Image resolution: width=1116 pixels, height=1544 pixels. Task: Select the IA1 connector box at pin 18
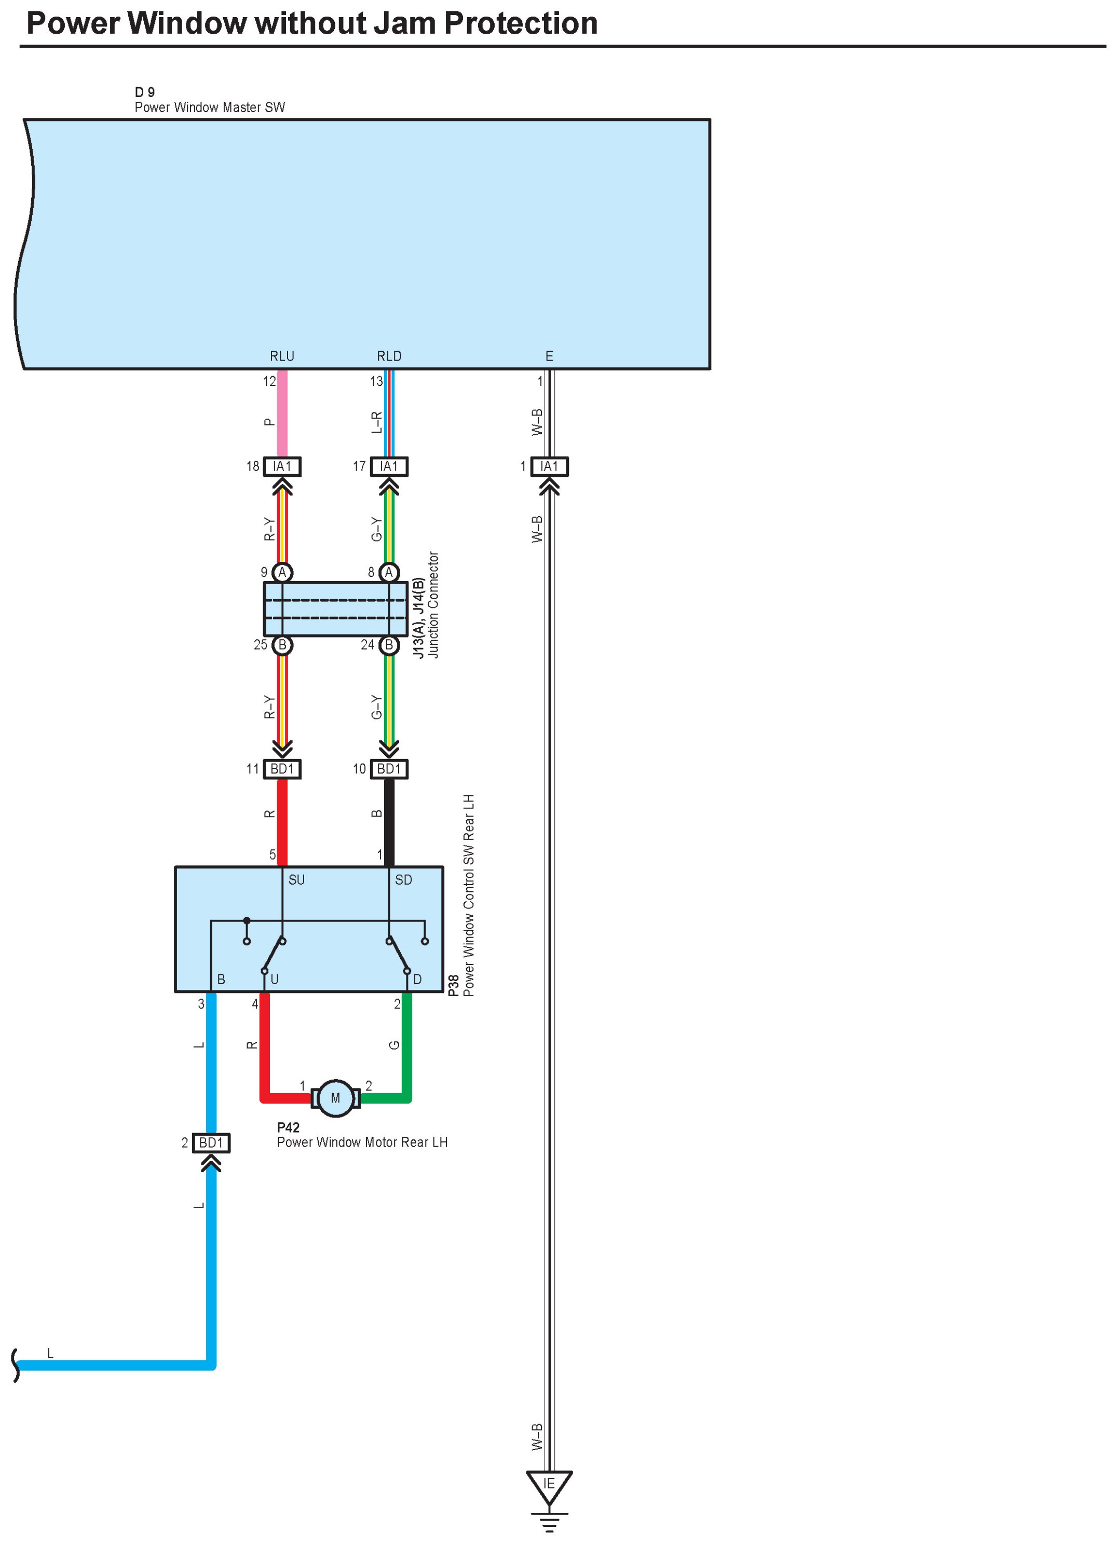[x=282, y=466]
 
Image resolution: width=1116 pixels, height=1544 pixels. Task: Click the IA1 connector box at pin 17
[x=389, y=466]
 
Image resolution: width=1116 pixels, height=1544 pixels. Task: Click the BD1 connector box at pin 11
[x=282, y=768]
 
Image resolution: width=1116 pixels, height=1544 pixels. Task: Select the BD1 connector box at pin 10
[x=389, y=768]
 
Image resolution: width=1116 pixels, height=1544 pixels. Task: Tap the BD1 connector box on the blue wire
[x=211, y=1142]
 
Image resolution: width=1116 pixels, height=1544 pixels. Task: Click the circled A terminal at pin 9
[x=282, y=573]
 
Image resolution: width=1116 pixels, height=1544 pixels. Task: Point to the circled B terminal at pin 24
[x=389, y=645]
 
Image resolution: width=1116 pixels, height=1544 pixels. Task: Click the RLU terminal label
[x=282, y=356]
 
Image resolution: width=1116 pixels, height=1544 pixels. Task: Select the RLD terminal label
[x=389, y=356]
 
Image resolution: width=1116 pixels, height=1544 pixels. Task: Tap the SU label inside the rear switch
[x=296, y=879]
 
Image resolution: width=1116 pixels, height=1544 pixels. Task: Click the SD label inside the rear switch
[x=403, y=879]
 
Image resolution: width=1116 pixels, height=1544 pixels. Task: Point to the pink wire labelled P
[x=282, y=413]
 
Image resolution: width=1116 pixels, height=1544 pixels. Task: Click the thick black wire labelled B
[x=389, y=822]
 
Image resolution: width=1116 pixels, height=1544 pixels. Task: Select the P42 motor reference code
[x=288, y=1127]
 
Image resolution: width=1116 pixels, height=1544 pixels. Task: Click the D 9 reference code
[x=144, y=92]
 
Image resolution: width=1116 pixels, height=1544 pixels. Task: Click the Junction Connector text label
[x=433, y=604]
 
